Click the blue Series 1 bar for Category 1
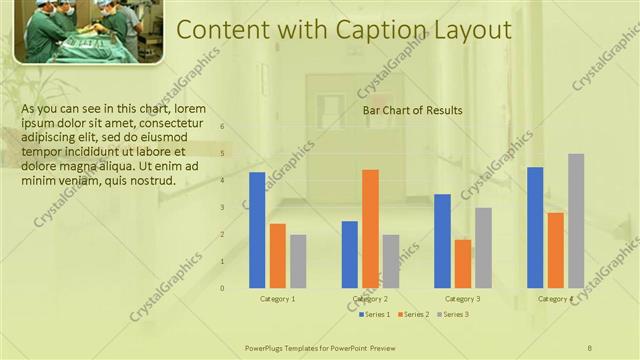[x=257, y=230]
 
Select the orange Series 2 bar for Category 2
[x=370, y=228]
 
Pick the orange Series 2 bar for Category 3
[x=462, y=263]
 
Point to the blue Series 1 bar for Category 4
[x=535, y=227]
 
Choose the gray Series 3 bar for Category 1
[x=298, y=261]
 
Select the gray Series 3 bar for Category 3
[x=483, y=247]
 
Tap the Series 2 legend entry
[x=415, y=315]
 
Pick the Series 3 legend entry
[x=455, y=315]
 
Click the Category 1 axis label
[x=278, y=299]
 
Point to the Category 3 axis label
[x=462, y=299]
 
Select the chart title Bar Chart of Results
[x=412, y=111]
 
